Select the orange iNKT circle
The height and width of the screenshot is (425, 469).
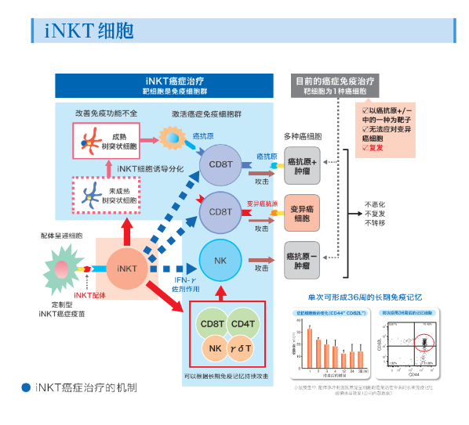coord(126,268)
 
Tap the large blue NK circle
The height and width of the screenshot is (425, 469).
coord(221,260)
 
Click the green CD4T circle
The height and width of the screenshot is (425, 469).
coord(245,322)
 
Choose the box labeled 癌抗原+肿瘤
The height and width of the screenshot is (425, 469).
coord(302,162)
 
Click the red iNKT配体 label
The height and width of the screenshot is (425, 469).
coord(89,295)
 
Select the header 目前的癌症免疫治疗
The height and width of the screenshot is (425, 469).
coord(335,81)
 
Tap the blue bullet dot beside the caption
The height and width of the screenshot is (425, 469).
coord(26,388)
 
